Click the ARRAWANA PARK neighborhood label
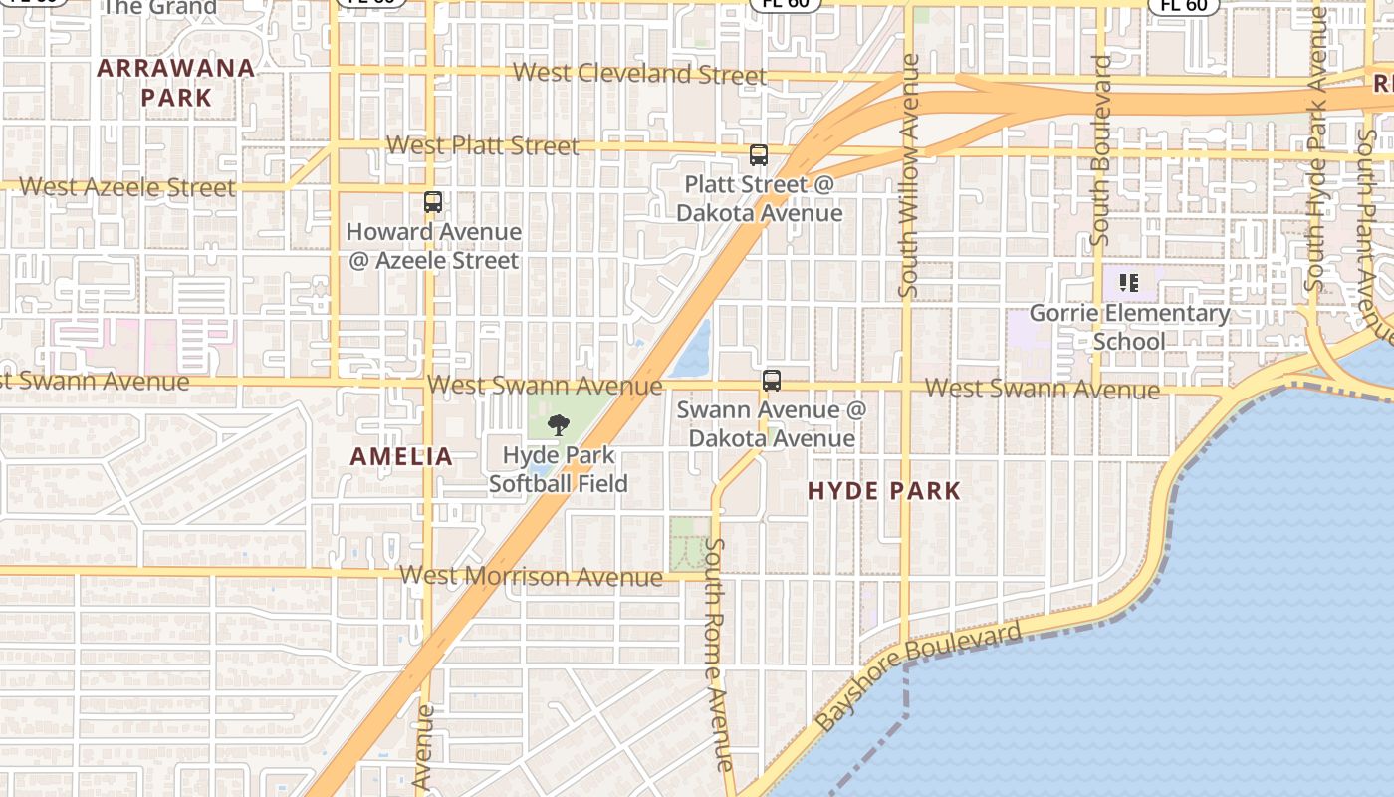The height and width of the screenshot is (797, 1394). coord(176,83)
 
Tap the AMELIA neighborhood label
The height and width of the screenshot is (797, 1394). coord(401,457)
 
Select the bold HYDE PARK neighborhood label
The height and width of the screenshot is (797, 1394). coord(883,490)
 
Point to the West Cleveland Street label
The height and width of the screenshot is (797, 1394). coord(639,74)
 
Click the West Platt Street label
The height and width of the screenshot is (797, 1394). coord(482,145)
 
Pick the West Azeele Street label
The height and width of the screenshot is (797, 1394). coord(127,186)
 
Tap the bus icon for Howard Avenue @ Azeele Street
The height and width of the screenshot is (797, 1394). coord(433,202)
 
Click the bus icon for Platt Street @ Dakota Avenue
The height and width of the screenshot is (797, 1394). coord(759,155)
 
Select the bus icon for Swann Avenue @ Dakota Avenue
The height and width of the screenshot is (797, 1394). coord(772,380)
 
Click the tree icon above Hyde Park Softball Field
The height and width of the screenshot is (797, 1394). coord(559,425)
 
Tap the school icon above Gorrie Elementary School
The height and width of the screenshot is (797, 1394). coord(1128,283)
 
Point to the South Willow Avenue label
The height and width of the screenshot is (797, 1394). coord(908,175)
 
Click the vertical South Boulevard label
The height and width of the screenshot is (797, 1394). coord(1100,150)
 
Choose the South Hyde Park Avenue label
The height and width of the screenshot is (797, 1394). coord(1316,149)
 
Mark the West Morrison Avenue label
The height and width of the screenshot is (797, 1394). coord(531,576)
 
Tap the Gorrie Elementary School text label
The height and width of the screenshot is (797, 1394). coord(1129,327)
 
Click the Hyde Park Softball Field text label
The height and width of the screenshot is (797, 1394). coord(558,469)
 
